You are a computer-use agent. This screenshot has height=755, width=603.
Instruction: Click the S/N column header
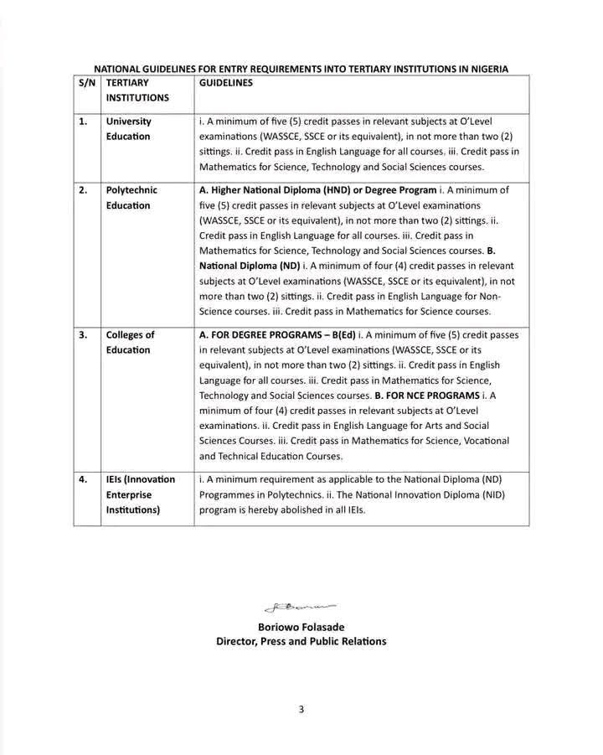[x=86, y=84]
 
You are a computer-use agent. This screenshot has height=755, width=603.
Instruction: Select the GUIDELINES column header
[x=225, y=84]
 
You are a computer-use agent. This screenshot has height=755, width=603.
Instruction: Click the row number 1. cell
[x=83, y=122]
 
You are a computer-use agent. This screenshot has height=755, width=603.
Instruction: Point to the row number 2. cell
[x=83, y=190]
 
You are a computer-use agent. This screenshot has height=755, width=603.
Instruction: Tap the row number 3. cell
[x=83, y=335]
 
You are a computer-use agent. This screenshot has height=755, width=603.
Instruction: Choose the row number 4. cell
[x=83, y=479]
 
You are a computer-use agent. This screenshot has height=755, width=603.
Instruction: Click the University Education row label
[x=128, y=129]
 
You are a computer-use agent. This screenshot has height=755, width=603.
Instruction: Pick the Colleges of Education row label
[x=130, y=343]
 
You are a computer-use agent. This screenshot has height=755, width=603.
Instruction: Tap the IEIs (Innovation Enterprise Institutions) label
[x=140, y=494]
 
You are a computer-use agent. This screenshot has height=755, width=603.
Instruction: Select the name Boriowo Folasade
[x=301, y=627]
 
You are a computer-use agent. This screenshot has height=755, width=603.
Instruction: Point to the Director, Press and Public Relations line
[x=301, y=642]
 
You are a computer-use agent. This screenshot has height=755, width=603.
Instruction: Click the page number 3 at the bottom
[x=301, y=710]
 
